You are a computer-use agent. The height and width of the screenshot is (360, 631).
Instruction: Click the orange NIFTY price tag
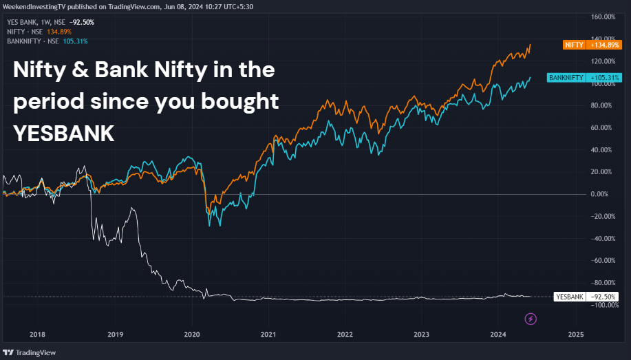(x=573, y=45)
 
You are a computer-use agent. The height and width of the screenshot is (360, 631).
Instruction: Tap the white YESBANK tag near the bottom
(x=570, y=297)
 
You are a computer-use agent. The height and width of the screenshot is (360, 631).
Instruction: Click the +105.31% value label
(x=603, y=78)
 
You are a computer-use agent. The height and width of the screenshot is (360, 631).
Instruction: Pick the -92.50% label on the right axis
(x=603, y=297)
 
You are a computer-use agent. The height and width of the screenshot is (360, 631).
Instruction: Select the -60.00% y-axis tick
(x=603, y=260)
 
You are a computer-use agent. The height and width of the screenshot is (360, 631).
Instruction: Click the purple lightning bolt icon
(x=531, y=319)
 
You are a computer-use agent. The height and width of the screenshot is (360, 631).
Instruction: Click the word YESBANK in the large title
(x=63, y=134)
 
